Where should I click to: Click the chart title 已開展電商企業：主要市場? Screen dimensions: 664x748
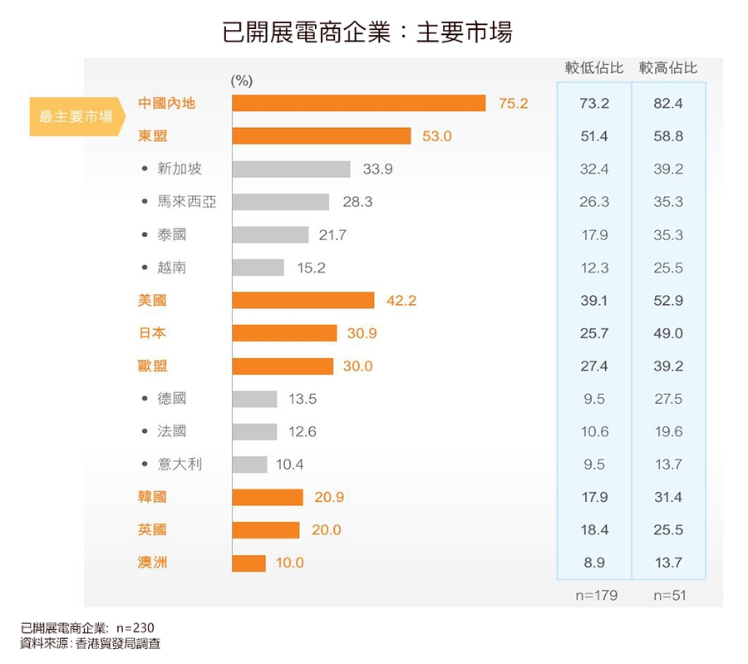coord(367,32)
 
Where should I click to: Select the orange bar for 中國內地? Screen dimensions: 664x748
coord(358,103)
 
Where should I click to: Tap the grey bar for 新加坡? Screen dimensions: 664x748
coord(291,169)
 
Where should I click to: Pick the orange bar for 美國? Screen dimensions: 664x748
coord(303,300)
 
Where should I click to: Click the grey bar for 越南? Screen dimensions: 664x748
coord(258,268)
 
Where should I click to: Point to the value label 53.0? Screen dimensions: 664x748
coord(436,136)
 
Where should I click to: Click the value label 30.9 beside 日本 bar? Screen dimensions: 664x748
coord(362,333)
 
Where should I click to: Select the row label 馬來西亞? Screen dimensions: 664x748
coord(187,202)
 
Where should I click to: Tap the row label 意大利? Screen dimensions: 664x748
coord(180,465)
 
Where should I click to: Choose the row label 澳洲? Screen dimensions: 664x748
coord(152,563)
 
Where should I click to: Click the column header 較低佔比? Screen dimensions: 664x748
coord(593,68)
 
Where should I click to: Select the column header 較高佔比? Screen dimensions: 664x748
coord(668,68)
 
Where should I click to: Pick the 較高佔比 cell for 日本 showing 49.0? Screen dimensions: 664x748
coord(668,333)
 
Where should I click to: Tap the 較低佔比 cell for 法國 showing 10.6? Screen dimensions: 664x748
coord(594,431)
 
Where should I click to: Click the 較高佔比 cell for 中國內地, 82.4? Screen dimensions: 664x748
coord(668,104)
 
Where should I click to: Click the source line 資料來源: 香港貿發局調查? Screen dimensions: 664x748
coord(91,643)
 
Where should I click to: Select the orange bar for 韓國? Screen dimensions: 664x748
coord(268,497)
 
